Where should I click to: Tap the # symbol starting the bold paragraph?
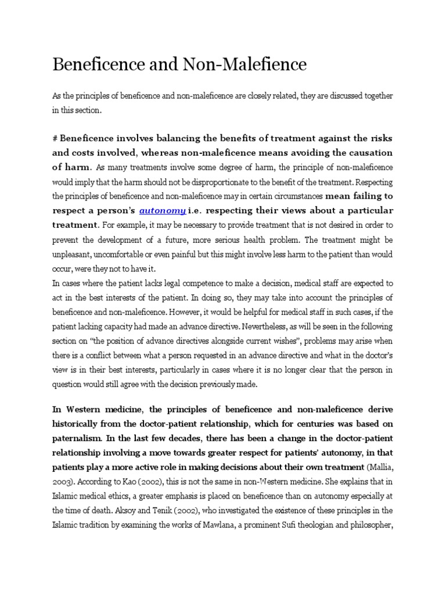55,138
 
